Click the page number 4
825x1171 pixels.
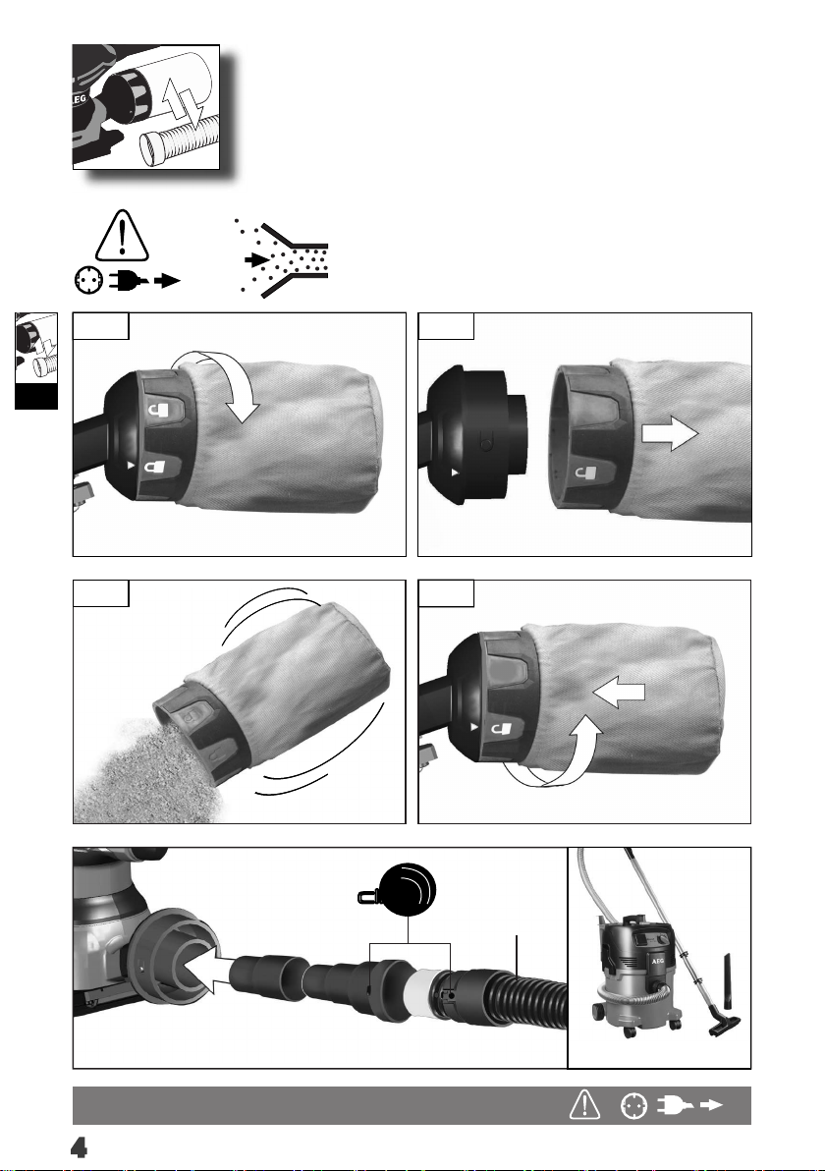[x=79, y=1147]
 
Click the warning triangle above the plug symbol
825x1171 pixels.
[x=123, y=235]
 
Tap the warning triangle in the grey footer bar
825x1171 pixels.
[x=584, y=1104]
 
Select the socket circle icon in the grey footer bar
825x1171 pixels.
[x=633, y=1105]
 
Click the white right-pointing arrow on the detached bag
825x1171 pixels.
[x=670, y=434]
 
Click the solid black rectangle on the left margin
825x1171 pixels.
[x=36, y=397]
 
